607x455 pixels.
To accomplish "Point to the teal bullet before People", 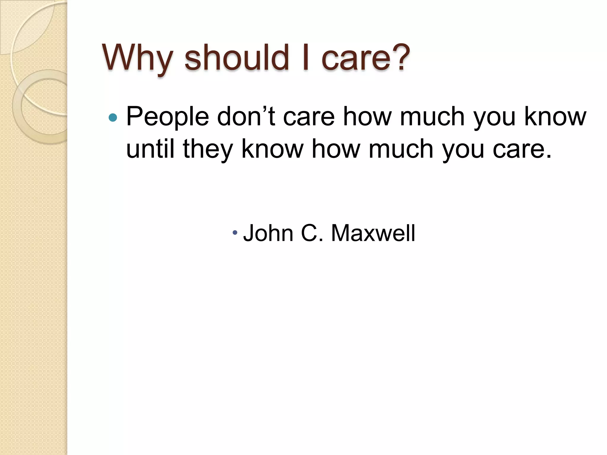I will (x=113, y=118).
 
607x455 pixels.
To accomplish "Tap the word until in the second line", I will (x=150, y=149).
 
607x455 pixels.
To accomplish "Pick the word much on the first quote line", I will (x=432, y=116).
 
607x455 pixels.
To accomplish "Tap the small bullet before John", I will (x=235, y=233).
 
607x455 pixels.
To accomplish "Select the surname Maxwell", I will (x=373, y=233).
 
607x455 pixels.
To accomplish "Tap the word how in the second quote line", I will (x=336, y=149).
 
